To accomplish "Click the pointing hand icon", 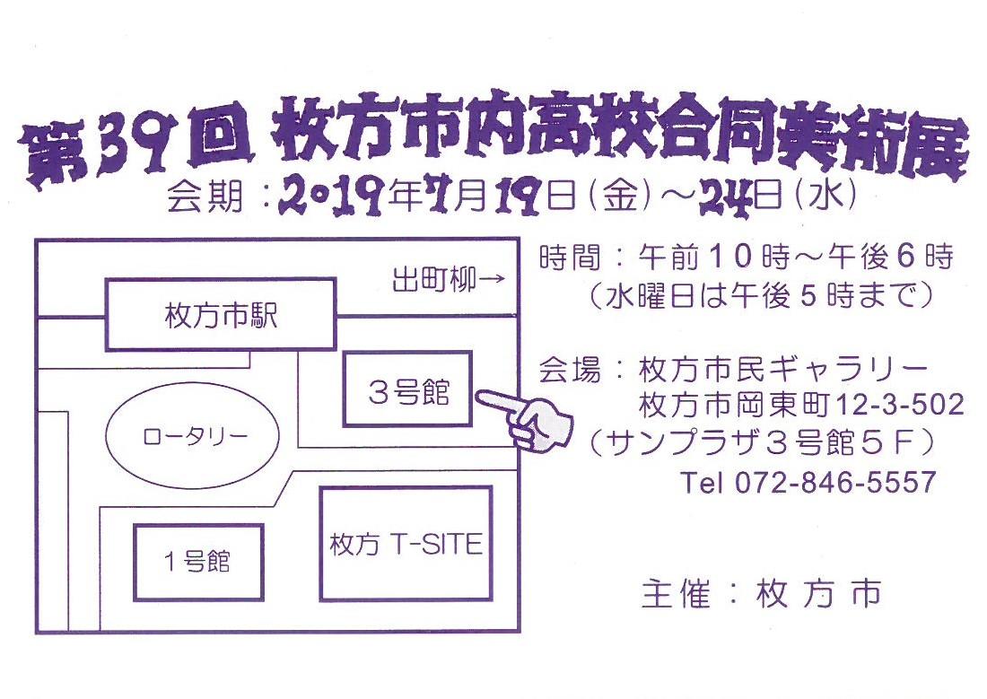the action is click(x=525, y=419).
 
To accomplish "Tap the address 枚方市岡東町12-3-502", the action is click(x=801, y=405).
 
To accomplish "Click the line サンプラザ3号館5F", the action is click(x=760, y=444).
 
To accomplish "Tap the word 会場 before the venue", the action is click(x=569, y=369).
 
